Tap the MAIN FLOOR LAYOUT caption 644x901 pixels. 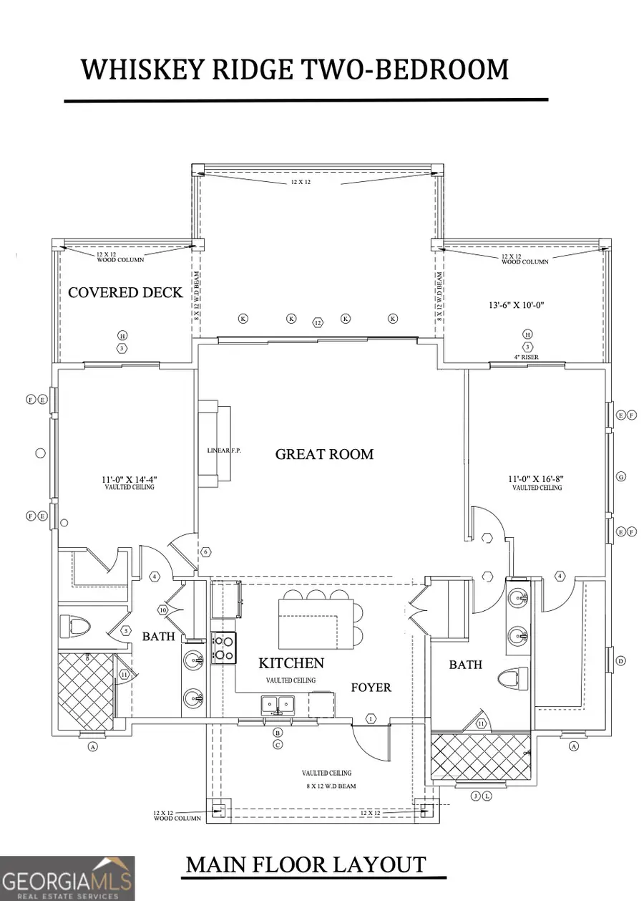click(x=306, y=864)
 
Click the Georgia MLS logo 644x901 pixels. click(x=67, y=877)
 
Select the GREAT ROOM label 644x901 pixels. click(x=324, y=454)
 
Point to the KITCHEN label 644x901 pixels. click(x=291, y=664)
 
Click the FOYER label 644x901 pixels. click(x=371, y=688)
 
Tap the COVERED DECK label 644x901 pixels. click(x=125, y=292)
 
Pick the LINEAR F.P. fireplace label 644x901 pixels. click(x=224, y=450)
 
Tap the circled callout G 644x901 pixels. click(x=621, y=476)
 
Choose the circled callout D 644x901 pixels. click(x=620, y=660)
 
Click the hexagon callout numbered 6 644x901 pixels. click(x=205, y=552)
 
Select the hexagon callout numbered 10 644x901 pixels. click(x=162, y=610)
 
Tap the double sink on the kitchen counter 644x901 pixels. click(x=277, y=704)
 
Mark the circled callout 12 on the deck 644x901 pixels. click(x=318, y=323)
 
